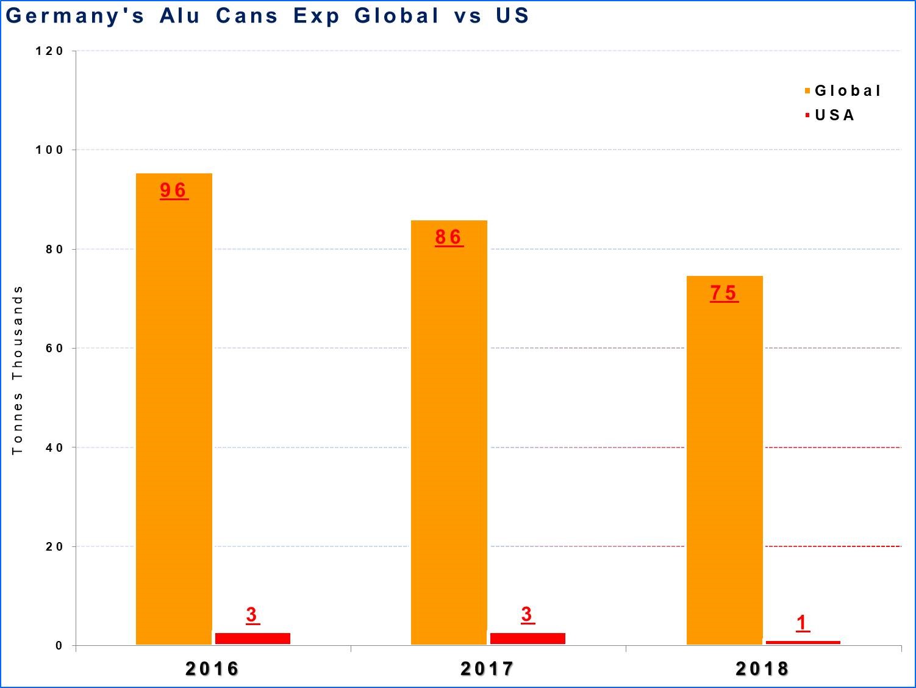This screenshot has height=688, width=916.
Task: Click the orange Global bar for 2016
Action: pyautogui.click(x=174, y=409)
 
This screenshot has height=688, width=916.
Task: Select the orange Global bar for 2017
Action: pyautogui.click(x=449, y=432)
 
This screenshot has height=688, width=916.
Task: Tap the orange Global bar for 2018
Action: pyautogui.click(x=725, y=460)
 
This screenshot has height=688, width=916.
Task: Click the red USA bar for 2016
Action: pyautogui.click(x=253, y=639)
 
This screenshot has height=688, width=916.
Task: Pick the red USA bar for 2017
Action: pyautogui.click(x=528, y=639)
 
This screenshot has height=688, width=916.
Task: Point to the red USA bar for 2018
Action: pyautogui.click(x=803, y=642)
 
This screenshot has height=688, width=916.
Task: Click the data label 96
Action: pyautogui.click(x=174, y=191)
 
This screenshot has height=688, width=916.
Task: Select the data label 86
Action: pyautogui.click(x=449, y=237)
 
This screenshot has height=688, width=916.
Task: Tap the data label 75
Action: pyautogui.click(x=724, y=293)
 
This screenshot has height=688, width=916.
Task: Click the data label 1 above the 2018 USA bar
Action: pyautogui.click(x=803, y=623)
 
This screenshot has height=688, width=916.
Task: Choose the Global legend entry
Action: pyautogui.click(x=843, y=90)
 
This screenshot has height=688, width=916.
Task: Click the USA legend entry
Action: pyautogui.click(x=829, y=115)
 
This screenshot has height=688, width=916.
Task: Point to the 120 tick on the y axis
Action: pyautogui.click(x=49, y=51)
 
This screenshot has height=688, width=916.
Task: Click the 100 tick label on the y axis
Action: pyautogui.click(x=49, y=150)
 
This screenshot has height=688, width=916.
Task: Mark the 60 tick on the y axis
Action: pyautogui.click(x=54, y=348)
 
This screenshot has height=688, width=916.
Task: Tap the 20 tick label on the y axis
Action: pyautogui.click(x=54, y=546)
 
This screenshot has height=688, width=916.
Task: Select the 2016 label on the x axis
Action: pyautogui.click(x=212, y=669)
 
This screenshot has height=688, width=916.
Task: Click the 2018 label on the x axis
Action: pyautogui.click(x=762, y=669)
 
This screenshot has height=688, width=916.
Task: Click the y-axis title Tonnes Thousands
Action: pyautogui.click(x=18, y=370)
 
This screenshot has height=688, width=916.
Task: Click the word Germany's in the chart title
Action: pyautogui.click(x=74, y=16)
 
